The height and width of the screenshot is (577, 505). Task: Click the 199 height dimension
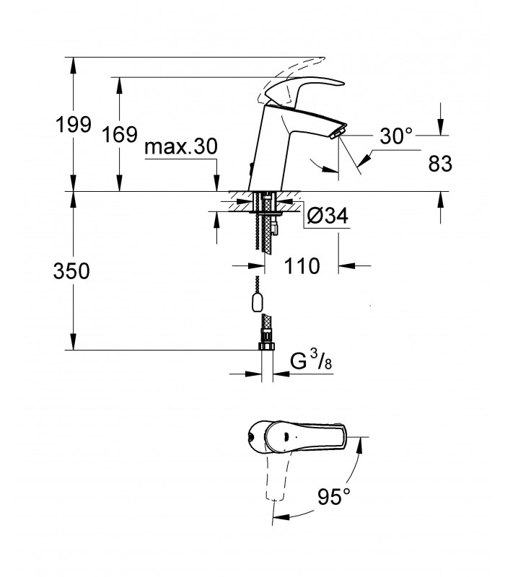point(74,124)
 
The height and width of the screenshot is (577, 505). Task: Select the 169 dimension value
point(119,134)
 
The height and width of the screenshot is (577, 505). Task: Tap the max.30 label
point(181,146)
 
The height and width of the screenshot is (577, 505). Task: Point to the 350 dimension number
point(71,271)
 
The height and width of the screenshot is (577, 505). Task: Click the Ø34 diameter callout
point(327,216)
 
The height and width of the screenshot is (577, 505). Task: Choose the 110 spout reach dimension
point(302,265)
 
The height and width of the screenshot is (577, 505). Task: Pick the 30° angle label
point(396,136)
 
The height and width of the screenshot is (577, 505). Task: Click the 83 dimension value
point(440,164)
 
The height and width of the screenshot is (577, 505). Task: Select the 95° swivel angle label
point(334,496)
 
